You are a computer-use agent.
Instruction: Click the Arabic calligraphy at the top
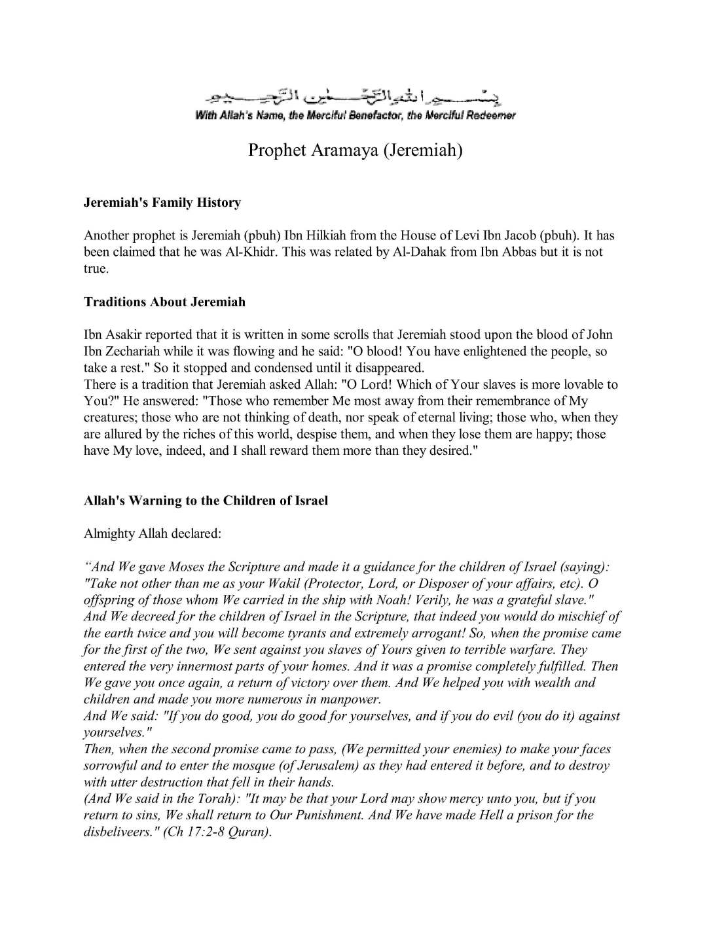355,98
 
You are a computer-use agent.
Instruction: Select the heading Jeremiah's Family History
162,203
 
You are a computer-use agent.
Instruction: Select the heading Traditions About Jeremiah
164,302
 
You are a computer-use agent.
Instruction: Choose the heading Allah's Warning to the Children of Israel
206,501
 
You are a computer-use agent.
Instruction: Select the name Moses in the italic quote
187,567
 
